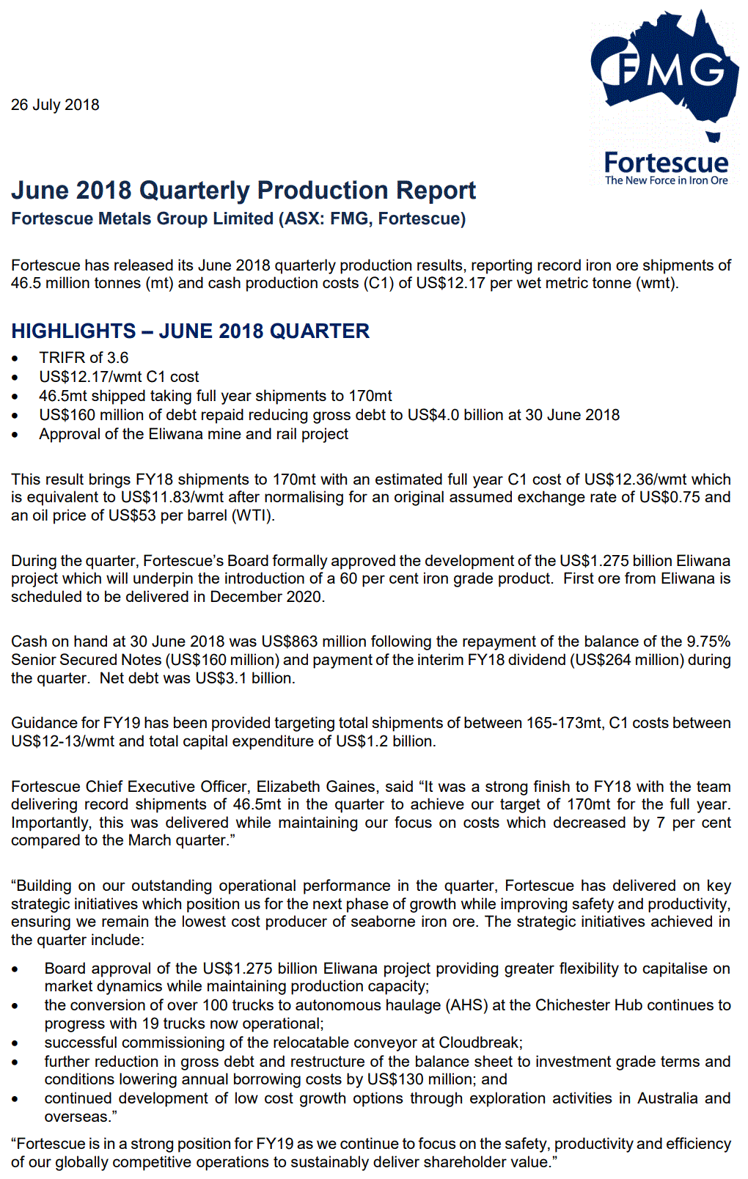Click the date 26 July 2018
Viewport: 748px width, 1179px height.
click(x=55, y=105)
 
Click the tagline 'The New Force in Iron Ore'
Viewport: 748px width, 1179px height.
click(x=666, y=180)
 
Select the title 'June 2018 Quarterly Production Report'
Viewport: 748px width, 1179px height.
click(x=243, y=191)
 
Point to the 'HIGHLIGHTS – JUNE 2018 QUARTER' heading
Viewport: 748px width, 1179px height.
click(x=190, y=331)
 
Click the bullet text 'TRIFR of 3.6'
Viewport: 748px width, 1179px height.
click(x=84, y=358)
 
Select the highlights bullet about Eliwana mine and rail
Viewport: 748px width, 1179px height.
click(x=194, y=434)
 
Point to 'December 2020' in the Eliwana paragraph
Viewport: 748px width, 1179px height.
click(x=266, y=597)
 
